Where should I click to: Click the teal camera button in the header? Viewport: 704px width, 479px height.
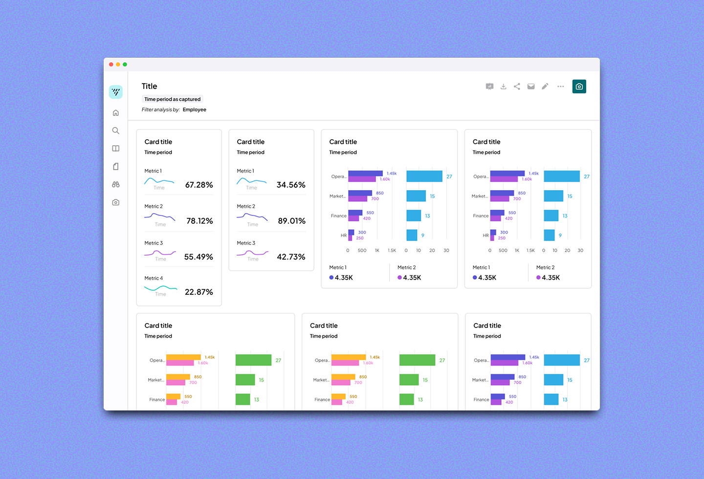pos(579,87)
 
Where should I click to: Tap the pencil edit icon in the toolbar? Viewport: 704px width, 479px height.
pos(545,87)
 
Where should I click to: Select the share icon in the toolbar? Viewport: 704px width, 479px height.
pos(517,87)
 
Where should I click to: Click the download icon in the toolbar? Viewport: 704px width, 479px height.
pos(503,87)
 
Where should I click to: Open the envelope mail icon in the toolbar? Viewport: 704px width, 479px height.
pos(531,87)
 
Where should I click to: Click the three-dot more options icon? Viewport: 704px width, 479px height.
pos(560,87)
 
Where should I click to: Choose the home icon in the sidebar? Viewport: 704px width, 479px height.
pos(116,113)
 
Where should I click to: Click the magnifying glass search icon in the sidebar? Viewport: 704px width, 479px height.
pos(116,131)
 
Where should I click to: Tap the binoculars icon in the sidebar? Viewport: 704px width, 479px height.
pos(116,184)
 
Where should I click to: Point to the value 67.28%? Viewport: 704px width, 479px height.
pos(199,185)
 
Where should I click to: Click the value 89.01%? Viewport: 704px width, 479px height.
pos(291,221)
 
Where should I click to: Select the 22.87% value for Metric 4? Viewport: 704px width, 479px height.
pos(199,292)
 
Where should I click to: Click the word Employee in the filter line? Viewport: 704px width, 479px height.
pos(195,109)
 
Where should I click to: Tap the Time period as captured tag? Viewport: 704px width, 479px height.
pos(172,99)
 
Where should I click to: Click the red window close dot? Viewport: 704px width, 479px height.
pos(111,65)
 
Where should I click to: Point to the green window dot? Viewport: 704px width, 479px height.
pos(125,65)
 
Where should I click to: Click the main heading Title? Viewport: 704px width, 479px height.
pos(149,86)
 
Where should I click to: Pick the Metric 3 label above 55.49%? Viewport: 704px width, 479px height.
pos(154,243)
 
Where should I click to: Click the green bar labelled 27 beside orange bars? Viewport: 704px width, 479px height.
pos(253,360)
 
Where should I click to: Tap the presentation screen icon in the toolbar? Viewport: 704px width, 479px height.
pos(489,87)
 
